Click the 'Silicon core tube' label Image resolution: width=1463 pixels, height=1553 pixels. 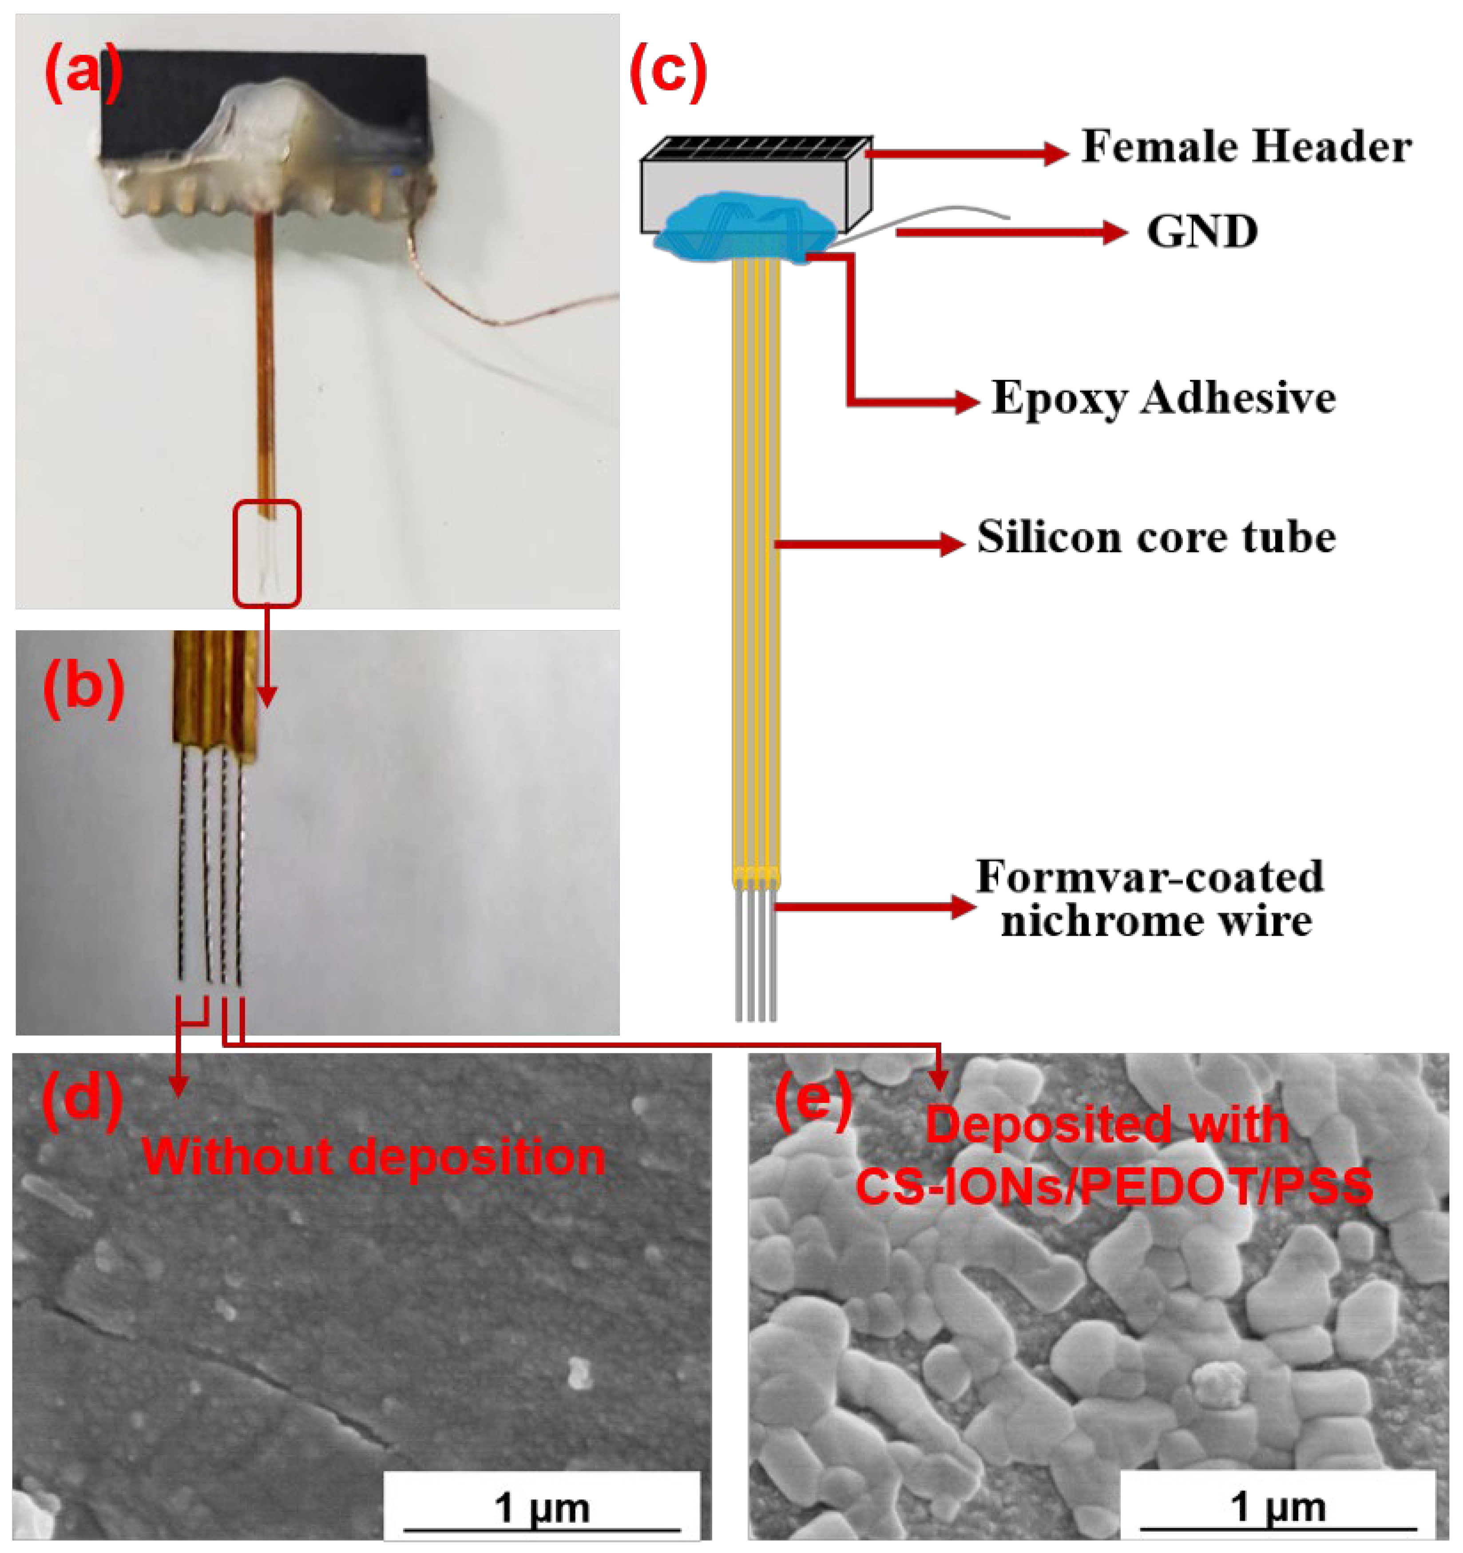point(1156,537)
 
